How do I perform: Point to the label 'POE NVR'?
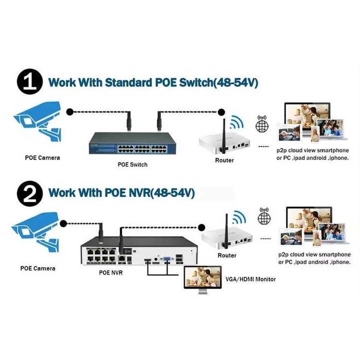[x=111, y=273]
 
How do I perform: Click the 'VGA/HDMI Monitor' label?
[x=250, y=279]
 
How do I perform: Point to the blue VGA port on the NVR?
[x=168, y=260]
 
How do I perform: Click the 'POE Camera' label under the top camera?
[x=42, y=157]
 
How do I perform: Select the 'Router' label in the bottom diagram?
[x=227, y=256]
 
